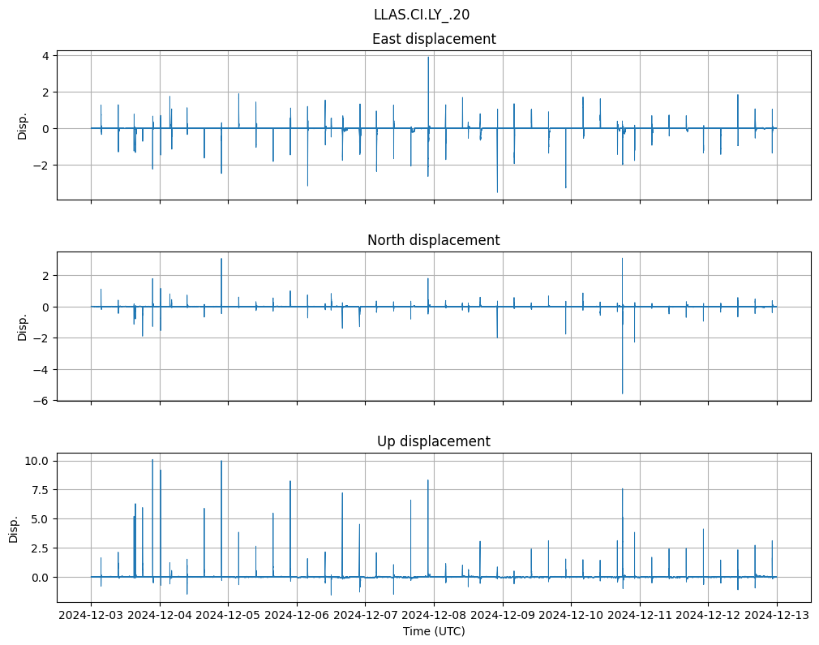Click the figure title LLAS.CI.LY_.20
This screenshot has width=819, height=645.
pos(421,15)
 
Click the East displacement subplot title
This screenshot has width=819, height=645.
pos(434,39)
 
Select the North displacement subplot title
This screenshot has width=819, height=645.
pos(434,240)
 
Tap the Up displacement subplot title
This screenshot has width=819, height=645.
pos(434,441)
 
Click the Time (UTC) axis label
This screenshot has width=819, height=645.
pos(434,631)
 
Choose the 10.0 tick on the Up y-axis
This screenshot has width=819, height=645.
pos(39,461)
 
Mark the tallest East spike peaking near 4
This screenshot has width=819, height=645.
pos(428,58)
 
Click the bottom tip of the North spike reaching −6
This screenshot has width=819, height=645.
pos(623,393)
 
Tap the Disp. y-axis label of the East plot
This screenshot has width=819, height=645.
pos(23,126)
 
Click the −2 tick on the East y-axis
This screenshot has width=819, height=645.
pos(42,166)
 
